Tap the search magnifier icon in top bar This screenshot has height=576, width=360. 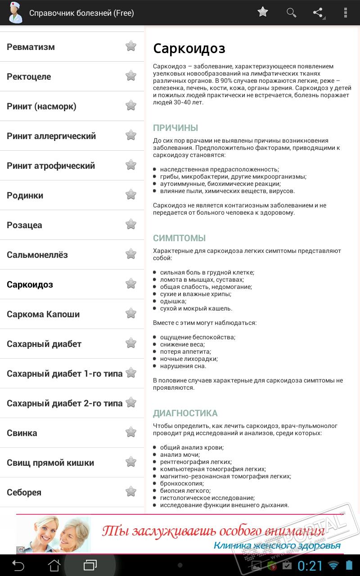click(291, 13)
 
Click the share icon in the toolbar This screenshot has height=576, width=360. click(318, 13)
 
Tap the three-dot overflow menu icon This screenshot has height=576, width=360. click(345, 13)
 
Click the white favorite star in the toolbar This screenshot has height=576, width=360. click(263, 12)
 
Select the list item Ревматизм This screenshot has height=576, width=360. click(31, 47)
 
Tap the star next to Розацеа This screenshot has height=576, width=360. click(130, 225)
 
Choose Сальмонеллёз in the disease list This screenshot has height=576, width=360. click(37, 255)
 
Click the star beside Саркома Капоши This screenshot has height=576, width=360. click(130, 314)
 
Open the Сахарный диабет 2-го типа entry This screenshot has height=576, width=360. click(64, 403)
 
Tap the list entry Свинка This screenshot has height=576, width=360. click(22, 433)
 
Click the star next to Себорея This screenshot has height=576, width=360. click(130, 492)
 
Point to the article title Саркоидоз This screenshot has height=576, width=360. click(189, 49)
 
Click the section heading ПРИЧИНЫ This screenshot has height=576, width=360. click(175, 128)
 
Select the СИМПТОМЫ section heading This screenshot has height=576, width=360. click(179, 238)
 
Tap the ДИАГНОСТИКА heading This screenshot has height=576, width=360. click(185, 413)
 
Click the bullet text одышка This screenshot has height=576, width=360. click(173, 301)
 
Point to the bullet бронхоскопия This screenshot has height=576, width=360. click(182, 483)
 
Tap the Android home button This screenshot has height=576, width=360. click(54, 565)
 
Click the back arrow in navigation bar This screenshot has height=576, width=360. click(18, 565)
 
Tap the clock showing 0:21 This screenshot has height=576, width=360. click(310, 565)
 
